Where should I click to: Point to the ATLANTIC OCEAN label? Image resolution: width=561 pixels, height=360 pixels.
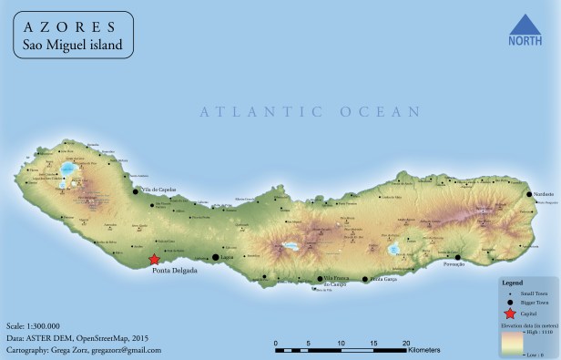(310, 112)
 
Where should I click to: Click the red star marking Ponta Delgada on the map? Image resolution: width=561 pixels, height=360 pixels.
(154, 260)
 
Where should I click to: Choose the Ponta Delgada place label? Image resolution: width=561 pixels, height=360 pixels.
(174, 271)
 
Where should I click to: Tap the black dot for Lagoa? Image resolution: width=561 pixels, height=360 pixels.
(216, 257)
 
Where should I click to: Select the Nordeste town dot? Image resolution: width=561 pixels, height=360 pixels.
(529, 194)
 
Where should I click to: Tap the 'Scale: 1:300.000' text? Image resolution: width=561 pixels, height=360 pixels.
(33, 325)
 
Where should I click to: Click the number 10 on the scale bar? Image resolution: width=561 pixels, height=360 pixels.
(342, 338)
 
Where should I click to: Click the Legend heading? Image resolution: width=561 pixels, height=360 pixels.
(514, 283)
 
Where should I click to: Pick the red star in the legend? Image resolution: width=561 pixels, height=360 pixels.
(508, 313)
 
